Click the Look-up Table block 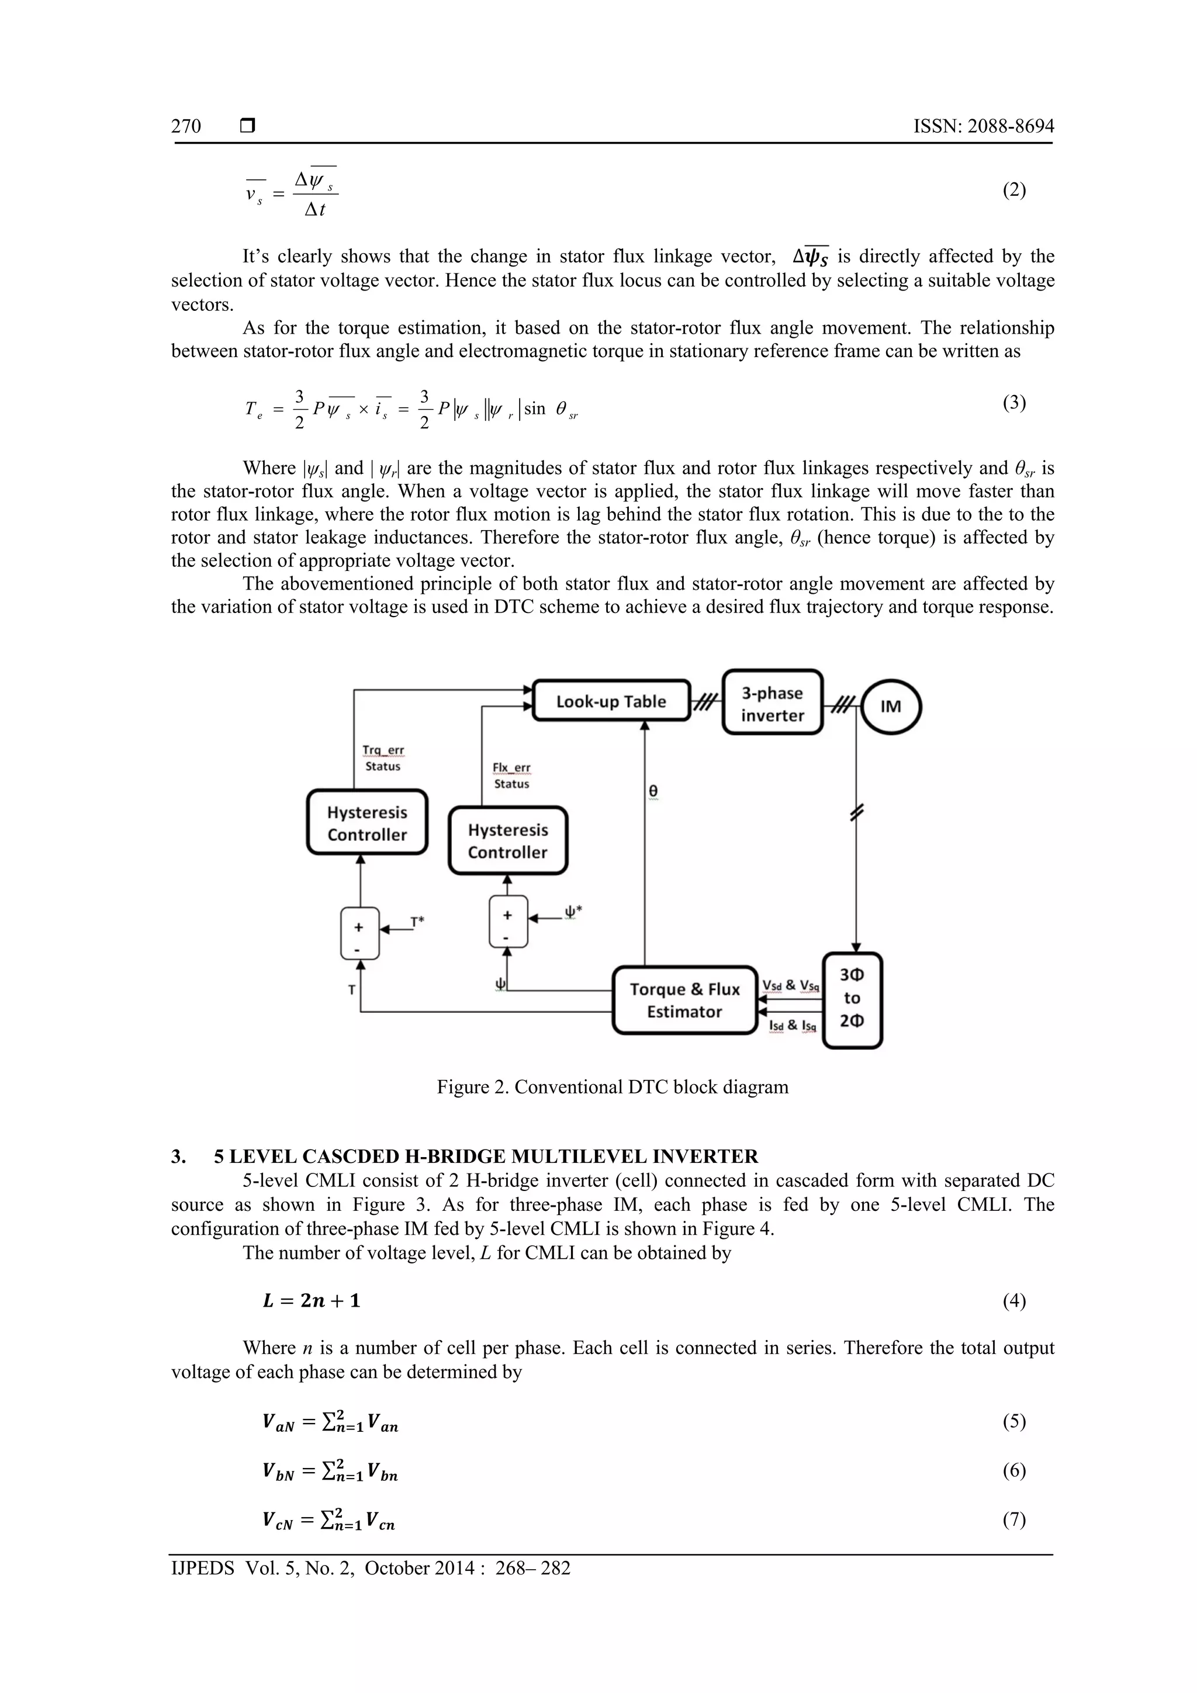611,701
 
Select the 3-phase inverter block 772,704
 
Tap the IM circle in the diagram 890,707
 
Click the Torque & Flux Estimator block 684,1000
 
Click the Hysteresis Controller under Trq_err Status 367,823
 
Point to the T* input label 417,922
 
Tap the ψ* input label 573,912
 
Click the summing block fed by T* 359,933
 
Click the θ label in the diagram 653,791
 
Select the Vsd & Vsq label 791,986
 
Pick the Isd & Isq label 792,1026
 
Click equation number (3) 1013,403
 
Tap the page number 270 186,126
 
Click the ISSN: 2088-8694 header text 983,126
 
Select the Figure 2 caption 612,1087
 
